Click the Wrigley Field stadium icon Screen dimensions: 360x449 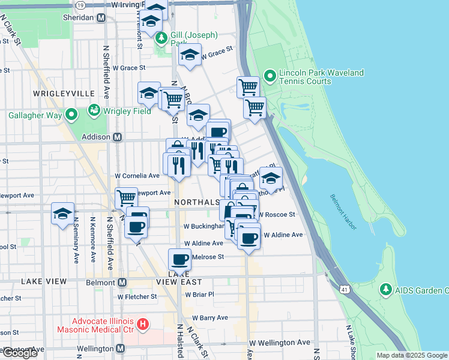click(94, 110)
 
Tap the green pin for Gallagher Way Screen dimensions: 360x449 click(71, 114)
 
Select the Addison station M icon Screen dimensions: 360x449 click(118, 137)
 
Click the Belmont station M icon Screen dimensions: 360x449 click(122, 282)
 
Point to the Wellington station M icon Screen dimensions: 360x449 click(121, 348)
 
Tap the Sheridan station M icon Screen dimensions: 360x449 click(101, 18)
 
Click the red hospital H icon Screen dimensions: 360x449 click(143, 325)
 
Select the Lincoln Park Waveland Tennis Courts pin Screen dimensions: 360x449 click(270, 76)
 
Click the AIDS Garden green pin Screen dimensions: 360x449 click(385, 290)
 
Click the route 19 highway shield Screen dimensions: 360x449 click(80, 4)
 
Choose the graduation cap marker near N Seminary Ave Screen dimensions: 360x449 click(62, 214)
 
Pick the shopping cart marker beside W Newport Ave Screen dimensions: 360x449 click(126, 197)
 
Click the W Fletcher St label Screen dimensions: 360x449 click(137, 296)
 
